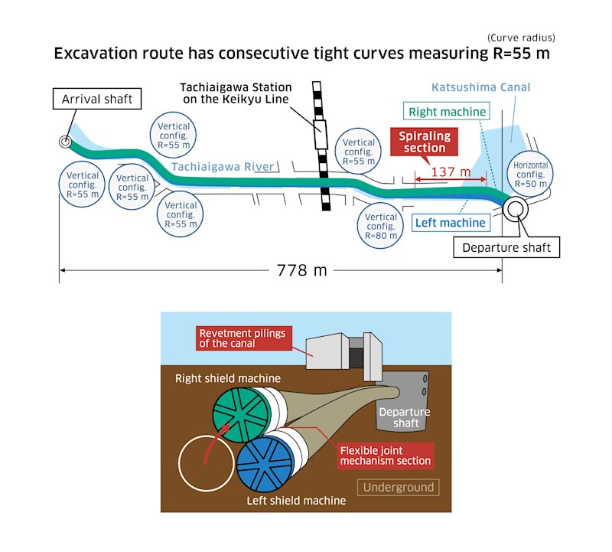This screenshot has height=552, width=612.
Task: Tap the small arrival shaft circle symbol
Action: click(65, 141)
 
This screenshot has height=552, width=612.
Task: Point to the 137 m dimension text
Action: click(450, 172)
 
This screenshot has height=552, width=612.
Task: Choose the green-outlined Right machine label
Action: click(446, 112)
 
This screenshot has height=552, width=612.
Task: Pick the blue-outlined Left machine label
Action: click(450, 223)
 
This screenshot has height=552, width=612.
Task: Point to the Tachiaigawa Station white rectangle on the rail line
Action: click(320, 135)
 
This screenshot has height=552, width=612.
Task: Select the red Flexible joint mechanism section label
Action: click(386, 455)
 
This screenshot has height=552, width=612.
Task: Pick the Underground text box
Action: click(398, 487)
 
